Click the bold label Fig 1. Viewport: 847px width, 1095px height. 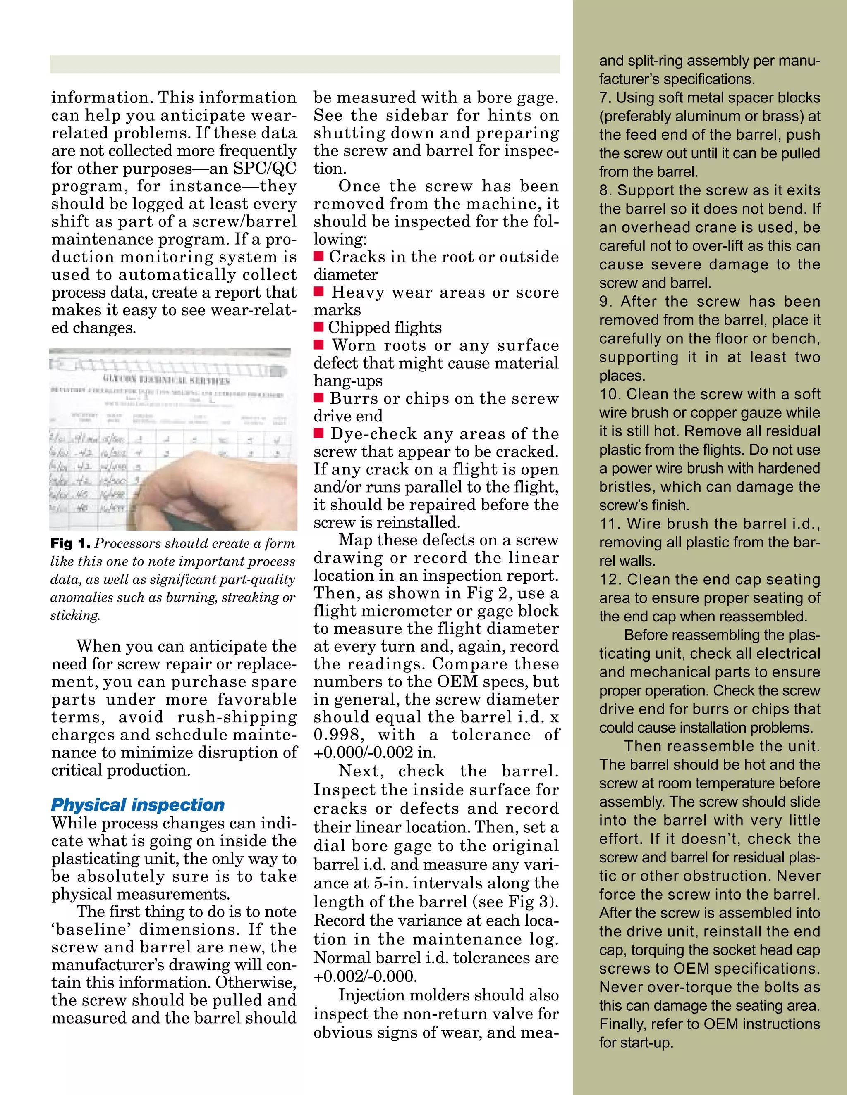coord(70,543)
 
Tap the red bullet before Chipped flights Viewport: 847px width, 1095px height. coord(318,327)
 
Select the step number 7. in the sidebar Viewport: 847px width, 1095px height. coord(605,98)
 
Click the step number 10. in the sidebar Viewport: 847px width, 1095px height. coord(609,394)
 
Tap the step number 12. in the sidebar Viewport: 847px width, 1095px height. coord(609,580)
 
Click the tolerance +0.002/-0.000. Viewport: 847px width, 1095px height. coord(365,976)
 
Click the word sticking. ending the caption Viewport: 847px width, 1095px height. coord(75,615)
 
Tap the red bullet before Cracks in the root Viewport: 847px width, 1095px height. coord(318,257)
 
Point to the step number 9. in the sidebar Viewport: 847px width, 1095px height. coord(605,302)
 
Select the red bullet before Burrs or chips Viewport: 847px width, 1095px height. coord(318,398)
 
